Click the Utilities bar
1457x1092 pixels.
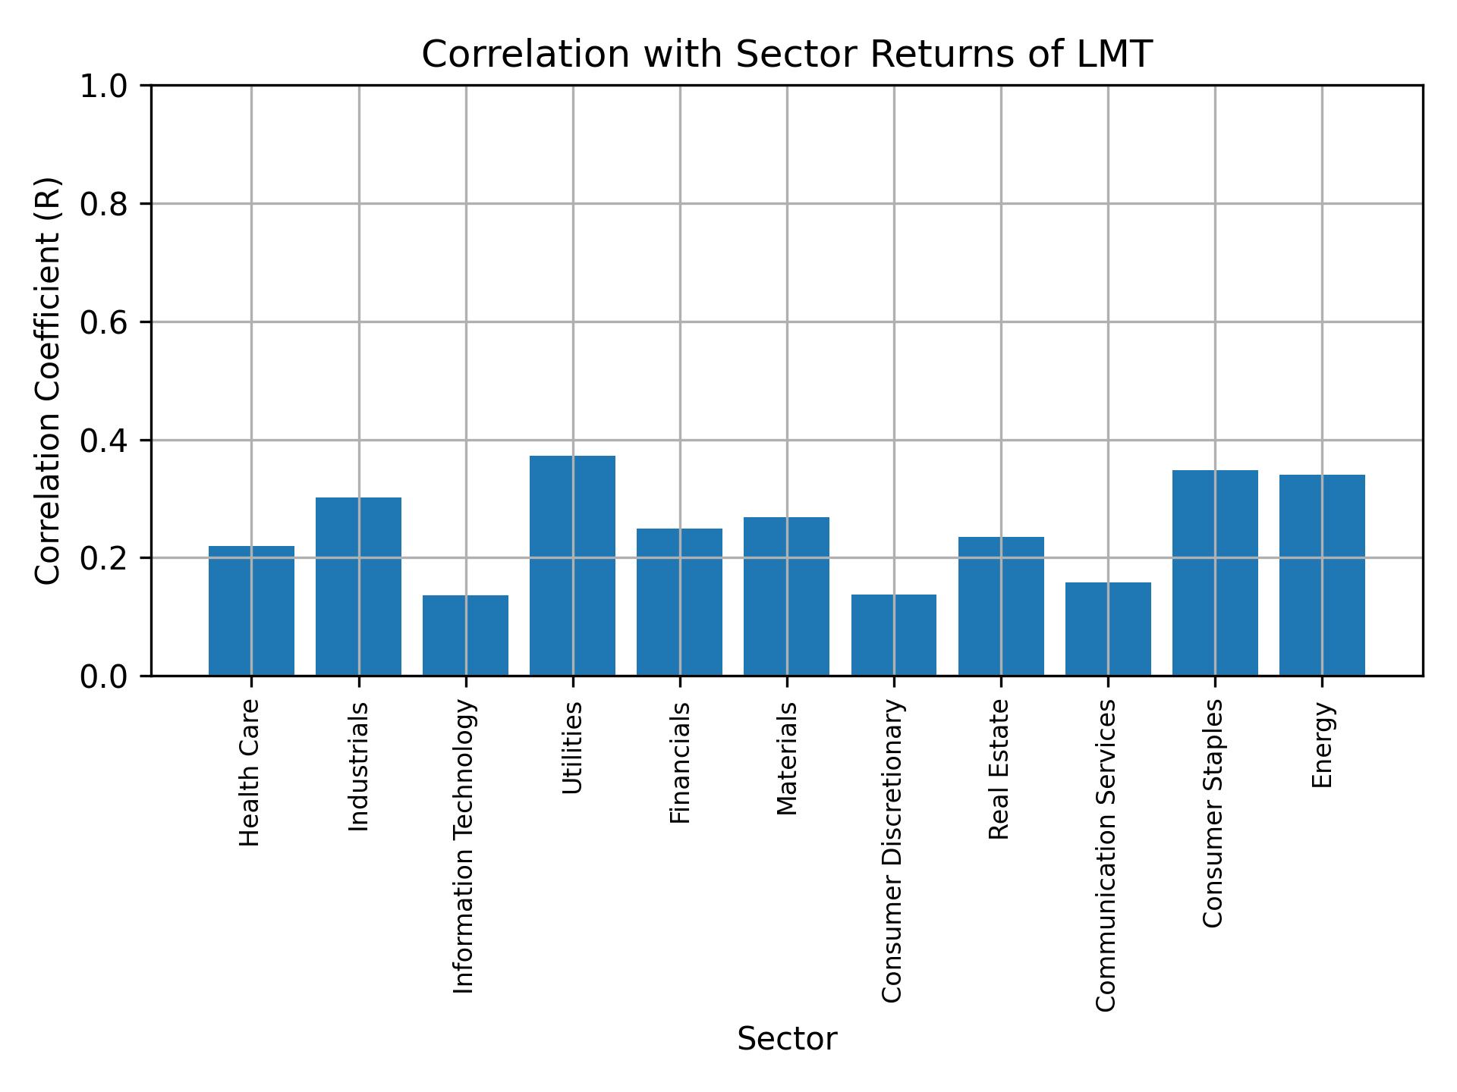point(572,565)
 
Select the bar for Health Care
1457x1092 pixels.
point(251,610)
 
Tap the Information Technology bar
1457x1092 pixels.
point(465,635)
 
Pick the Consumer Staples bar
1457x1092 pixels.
point(1215,573)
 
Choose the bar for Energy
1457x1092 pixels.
point(1322,575)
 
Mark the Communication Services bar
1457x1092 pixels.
point(1108,629)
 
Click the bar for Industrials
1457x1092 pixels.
point(358,586)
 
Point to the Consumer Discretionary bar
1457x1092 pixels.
point(894,635)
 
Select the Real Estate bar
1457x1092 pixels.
point(1001,606)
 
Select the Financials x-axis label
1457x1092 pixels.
point(680,762)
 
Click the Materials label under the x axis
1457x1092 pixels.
point(788,758)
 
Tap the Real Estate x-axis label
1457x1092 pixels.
point(999,770)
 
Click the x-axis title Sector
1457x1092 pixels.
point(787,1040)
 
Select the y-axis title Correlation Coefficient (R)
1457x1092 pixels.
point(48,381)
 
